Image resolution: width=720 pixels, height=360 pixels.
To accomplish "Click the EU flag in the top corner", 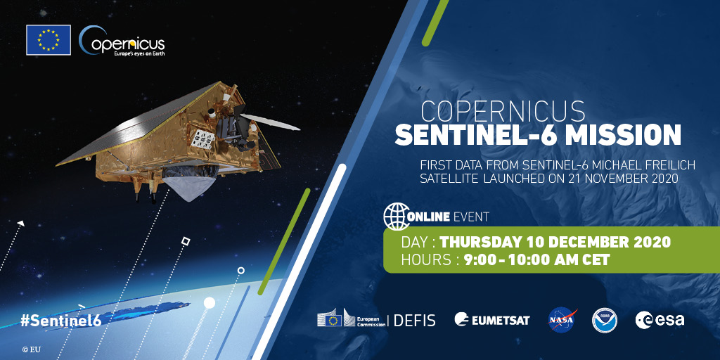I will (49, 39).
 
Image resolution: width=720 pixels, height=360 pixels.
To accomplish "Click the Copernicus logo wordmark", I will (123, 41).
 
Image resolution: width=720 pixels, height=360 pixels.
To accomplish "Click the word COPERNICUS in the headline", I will (503, 111).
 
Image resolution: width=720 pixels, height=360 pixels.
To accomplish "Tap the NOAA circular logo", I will (604, 320).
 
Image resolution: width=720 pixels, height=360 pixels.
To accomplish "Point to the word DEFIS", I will (415, 320).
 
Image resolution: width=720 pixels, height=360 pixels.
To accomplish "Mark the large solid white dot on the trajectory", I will (209, 302).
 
